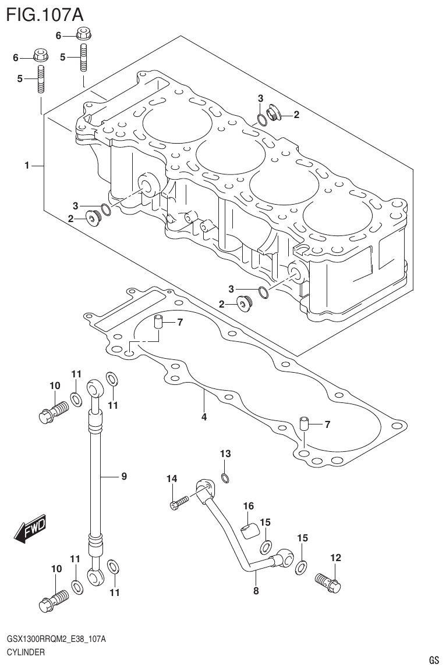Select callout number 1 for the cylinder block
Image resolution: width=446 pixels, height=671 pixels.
[x=27, y=166]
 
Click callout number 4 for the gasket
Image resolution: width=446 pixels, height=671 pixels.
[x=204, y=416]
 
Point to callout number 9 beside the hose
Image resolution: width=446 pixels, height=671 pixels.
[x=123, y=477]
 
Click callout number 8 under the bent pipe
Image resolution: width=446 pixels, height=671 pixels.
[x=256, y=591]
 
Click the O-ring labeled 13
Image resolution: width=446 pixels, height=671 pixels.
[x=226, y=479]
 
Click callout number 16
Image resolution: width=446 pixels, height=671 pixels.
[x=248, y=506]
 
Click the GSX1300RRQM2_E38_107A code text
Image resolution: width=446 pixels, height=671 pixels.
[x=56, y=640]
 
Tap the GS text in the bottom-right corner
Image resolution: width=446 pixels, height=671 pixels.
[x=433, y=661]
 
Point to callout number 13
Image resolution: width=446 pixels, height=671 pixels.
[x=225, y=454]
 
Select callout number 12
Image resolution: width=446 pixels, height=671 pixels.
[x=335, y=558]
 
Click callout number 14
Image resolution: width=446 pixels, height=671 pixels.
[x=171, y=479]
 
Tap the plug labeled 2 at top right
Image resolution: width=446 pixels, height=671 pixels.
[x=274, y=113]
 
